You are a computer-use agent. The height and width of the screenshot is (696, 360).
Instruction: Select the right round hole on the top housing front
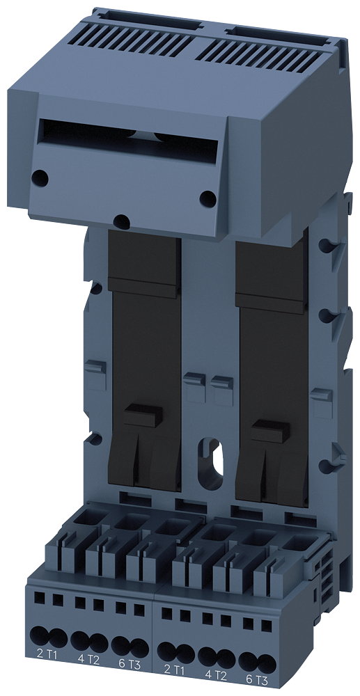tap(207, 198)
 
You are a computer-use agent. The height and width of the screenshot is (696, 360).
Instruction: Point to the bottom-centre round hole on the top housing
tap(121, 221)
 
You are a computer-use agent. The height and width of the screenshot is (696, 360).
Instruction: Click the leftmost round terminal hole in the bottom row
tap(38, 635)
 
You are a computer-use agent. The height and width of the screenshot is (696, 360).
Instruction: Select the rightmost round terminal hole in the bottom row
tap(264, 661)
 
